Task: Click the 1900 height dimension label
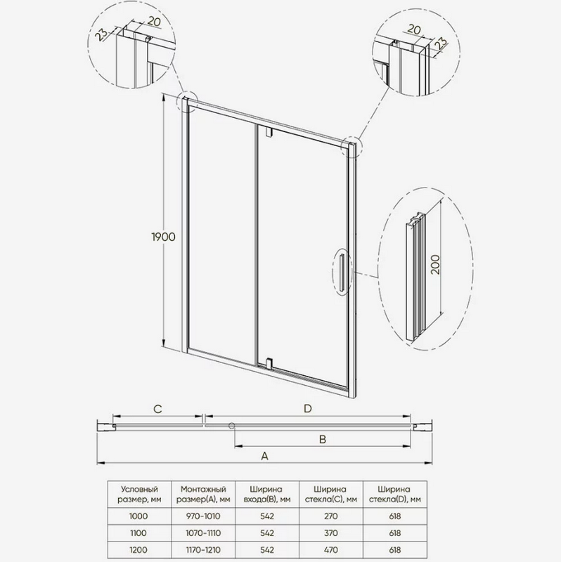164,237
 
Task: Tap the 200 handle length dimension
435,265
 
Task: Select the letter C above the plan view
157,409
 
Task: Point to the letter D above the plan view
308,409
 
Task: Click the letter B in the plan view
323,440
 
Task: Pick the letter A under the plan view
264,456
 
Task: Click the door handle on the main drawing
342,271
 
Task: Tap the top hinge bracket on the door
269,131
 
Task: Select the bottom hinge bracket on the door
269,363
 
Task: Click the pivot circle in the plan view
232,426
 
